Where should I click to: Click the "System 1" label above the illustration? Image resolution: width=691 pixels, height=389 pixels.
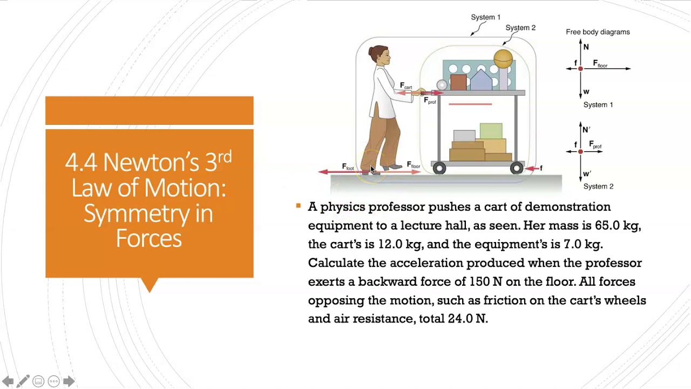(485, 17)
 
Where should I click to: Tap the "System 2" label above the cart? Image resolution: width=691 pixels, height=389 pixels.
(520, 28)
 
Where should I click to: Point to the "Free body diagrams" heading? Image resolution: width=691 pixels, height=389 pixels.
(598, 32)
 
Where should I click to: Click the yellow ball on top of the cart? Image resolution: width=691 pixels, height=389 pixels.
(503, 58)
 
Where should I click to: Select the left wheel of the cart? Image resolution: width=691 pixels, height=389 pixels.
(439, 169)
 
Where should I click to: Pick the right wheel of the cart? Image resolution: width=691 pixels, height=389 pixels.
(517, 169)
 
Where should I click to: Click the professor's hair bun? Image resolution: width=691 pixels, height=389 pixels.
(372, 52)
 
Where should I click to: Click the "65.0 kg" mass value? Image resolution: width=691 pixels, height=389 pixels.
(617, 225)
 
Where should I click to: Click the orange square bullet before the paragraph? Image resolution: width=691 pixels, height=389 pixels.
(298, 206)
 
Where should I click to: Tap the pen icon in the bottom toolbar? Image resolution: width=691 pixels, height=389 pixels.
(23, 381)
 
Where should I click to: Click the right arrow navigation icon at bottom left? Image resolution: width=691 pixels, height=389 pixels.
(69, 381)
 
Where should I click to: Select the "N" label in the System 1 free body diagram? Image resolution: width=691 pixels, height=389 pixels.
(586, 47)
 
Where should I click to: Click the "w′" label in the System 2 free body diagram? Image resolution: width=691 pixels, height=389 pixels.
(587, 174)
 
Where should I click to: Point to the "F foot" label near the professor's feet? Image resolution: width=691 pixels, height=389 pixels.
(348, 167)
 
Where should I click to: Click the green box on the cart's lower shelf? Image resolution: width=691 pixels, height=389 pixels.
(491, 131)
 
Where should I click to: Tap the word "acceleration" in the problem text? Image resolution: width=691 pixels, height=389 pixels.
(426, 263)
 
